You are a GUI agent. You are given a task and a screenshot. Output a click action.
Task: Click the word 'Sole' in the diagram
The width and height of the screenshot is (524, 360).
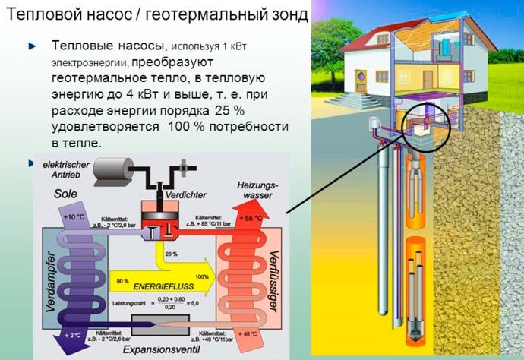coord(66,194)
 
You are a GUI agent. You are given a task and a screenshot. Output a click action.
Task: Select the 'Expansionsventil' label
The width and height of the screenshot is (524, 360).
coord(159,352)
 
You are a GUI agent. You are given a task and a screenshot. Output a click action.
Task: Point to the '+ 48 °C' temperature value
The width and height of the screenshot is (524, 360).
coord(249,333)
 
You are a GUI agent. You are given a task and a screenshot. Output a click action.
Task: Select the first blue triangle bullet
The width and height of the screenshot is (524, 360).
coord(33,46)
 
